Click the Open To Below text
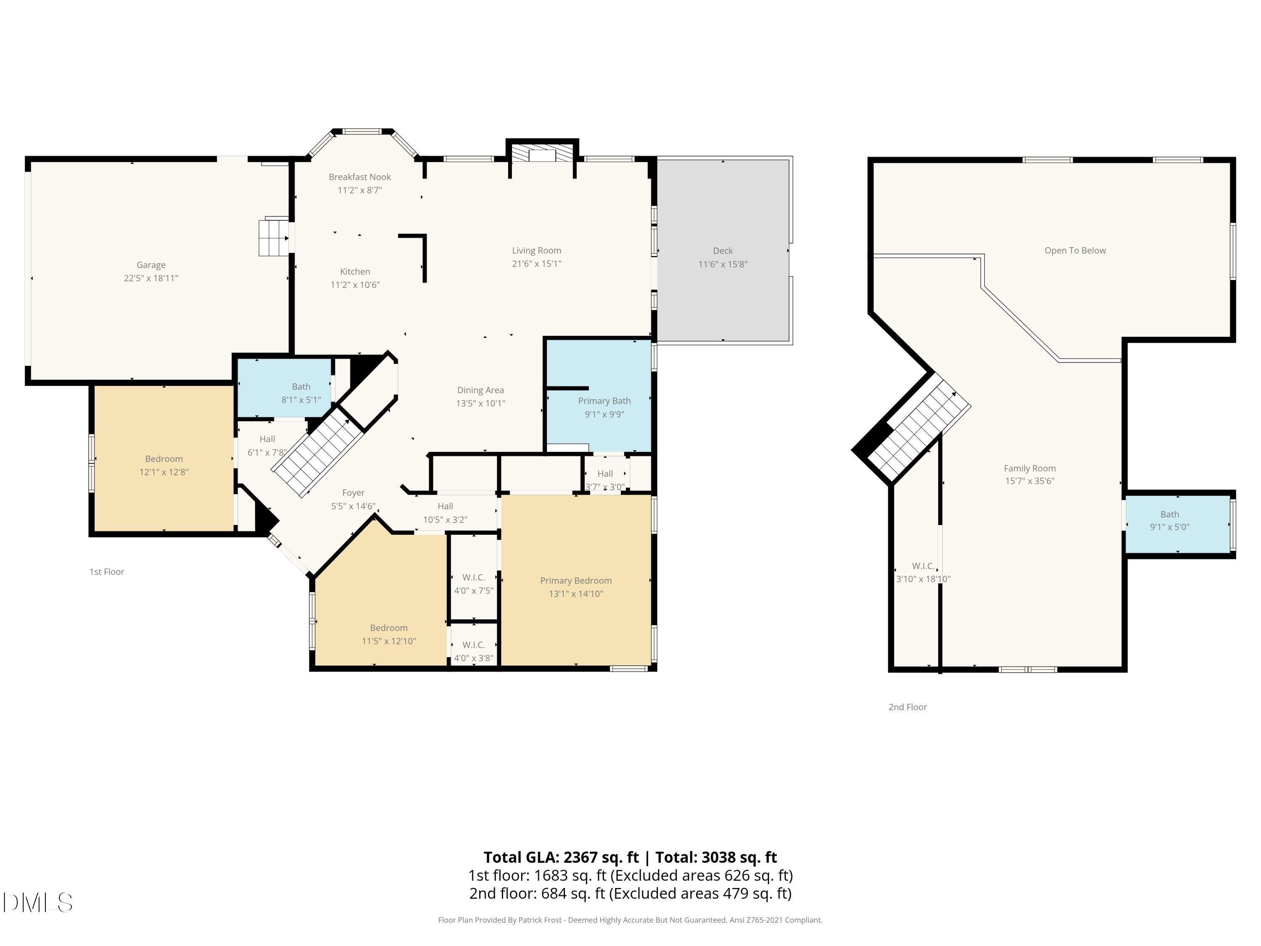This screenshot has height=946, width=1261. click(1075, 250)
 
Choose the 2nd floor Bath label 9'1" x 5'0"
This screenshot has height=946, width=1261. click(1169, 521)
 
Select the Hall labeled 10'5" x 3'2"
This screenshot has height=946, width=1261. click(445, 513)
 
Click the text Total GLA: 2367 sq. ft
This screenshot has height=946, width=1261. click(561, 857)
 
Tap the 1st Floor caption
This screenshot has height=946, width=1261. click(107, 571)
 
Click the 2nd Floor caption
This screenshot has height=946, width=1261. click(907, 706)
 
